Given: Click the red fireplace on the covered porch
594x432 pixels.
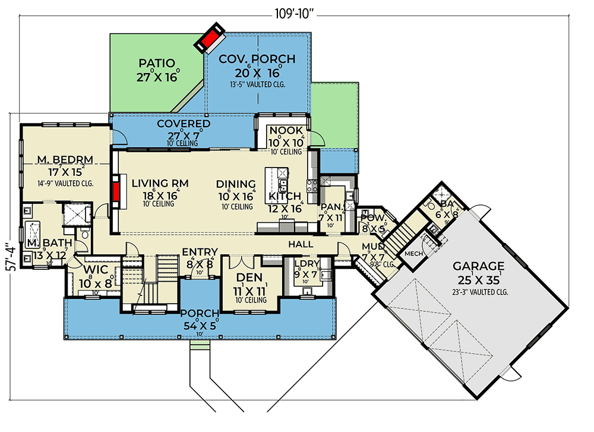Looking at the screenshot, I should coord(210,40).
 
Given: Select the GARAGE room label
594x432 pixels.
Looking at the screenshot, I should coord(478,266).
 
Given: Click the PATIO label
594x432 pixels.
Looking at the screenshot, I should coord(157,63).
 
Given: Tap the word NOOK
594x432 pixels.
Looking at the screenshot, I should coord(286,131).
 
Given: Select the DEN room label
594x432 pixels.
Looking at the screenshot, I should coord(249,278).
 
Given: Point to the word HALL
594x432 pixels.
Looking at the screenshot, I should coord(301,244).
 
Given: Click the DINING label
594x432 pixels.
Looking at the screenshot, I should coord(236,184).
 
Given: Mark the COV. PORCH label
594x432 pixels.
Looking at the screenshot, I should coord(257,59).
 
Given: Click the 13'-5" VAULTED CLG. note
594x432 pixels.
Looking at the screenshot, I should coord(257,84).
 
